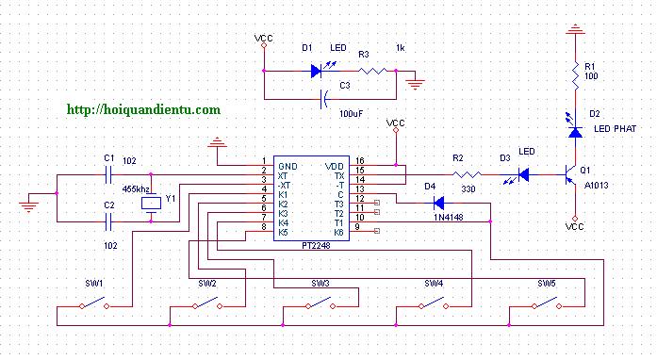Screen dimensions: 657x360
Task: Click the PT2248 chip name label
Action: pos(316,246)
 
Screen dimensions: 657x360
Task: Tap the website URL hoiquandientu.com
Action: pos(143,110)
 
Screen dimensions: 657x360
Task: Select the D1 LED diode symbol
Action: pos(318,71)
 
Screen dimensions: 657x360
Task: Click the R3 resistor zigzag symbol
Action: pos(373,71)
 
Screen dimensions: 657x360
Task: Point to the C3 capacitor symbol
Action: pos(324,99)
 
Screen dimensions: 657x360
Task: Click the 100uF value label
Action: pos(352,114)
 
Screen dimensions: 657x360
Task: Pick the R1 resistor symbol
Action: pos(575,76)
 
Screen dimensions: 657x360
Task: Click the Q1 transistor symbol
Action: pos(570,174)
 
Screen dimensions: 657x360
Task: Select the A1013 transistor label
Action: pos(597,186)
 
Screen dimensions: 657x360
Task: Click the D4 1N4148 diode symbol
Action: pos(438,204)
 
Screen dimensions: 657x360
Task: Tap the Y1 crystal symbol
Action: pos(151,204)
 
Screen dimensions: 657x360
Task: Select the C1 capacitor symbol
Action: pos(109,174)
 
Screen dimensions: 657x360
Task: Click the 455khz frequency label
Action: pos(136,189)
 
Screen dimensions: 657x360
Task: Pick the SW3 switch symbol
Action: pos(320,303)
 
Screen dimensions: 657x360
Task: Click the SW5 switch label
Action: pos(547,284)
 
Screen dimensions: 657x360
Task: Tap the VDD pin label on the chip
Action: pos(335,167)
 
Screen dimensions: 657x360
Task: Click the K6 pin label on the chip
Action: pos(339,233)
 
